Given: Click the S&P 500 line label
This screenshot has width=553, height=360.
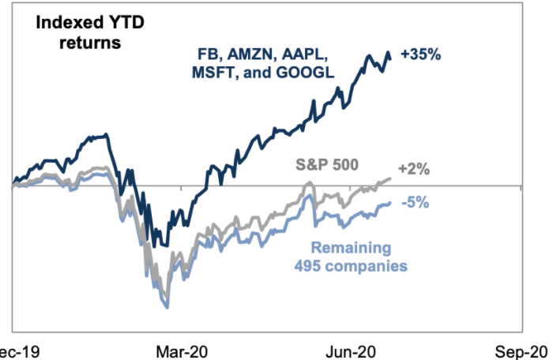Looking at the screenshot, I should pyautogui.click(x=326, y=165).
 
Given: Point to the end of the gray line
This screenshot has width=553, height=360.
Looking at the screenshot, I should pyautogui.click(x=390, y=178).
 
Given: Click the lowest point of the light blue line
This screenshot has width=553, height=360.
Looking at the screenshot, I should pyautogui.click(x=167, y=307).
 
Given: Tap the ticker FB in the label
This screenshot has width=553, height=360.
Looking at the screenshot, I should pyautogui.click(x=209, y=54).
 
